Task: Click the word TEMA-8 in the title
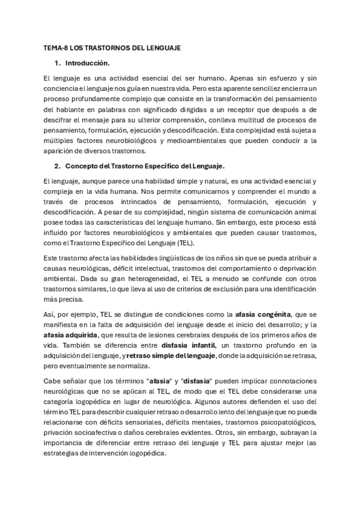[x=55, y=47]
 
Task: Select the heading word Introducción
[x=87, y=63]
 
